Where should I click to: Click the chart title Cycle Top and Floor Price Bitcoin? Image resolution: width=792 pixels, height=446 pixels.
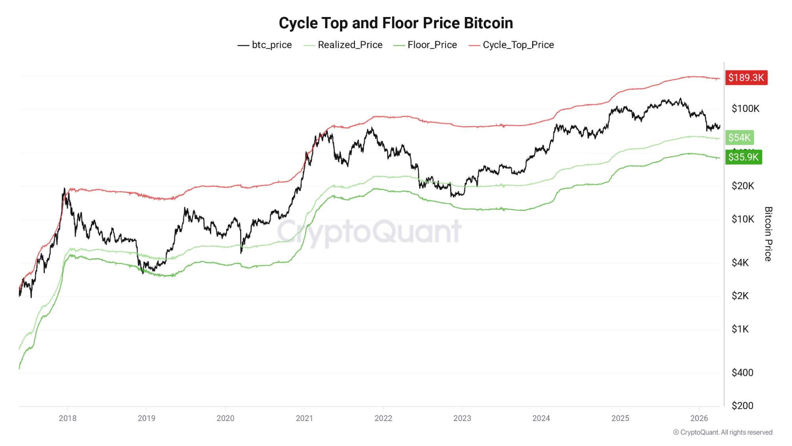pyautogui.click(x=395, y=23)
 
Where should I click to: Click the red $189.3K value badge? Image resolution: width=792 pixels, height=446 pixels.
pyautogui.click(x=746, y=77)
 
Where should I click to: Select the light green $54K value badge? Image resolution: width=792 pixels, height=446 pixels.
pyautogui.click(x=739, y=138)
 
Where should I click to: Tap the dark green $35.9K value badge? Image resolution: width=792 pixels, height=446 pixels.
pyautogui.click(x=743, y=157)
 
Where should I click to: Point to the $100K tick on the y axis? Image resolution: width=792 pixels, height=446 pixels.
pyautogui.click(x=745, y=109)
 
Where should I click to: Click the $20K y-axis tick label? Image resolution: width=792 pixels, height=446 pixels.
pyautogui.click(x=742, y=186)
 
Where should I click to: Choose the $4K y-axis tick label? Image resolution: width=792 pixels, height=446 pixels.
pyautogui.click(x=740, y=263)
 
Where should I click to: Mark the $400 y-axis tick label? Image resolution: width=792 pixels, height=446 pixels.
pyautogui.click(x=742, y=373)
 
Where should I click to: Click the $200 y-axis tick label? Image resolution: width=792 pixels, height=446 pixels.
pyautogui.click(x=742, y=406)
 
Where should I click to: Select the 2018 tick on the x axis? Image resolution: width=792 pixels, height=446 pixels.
pyautogui.click(x=68, y=418)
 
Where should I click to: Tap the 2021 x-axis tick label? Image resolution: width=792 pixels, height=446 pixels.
pyautogui.click(x=304, y=418)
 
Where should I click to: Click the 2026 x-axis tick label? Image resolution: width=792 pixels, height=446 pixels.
pyautogui.click(x=699, y=418)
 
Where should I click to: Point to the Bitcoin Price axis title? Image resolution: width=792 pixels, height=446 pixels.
pyautogui.click(x=768, y=234)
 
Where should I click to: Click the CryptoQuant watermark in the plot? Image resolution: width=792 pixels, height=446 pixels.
pyautogui.click(x=369, y=232)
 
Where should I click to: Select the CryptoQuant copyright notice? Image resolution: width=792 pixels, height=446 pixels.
pyautogui.click(x=723, y=432)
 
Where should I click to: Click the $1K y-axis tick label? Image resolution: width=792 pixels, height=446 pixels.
pyautogui.click(x=740, y=329)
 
